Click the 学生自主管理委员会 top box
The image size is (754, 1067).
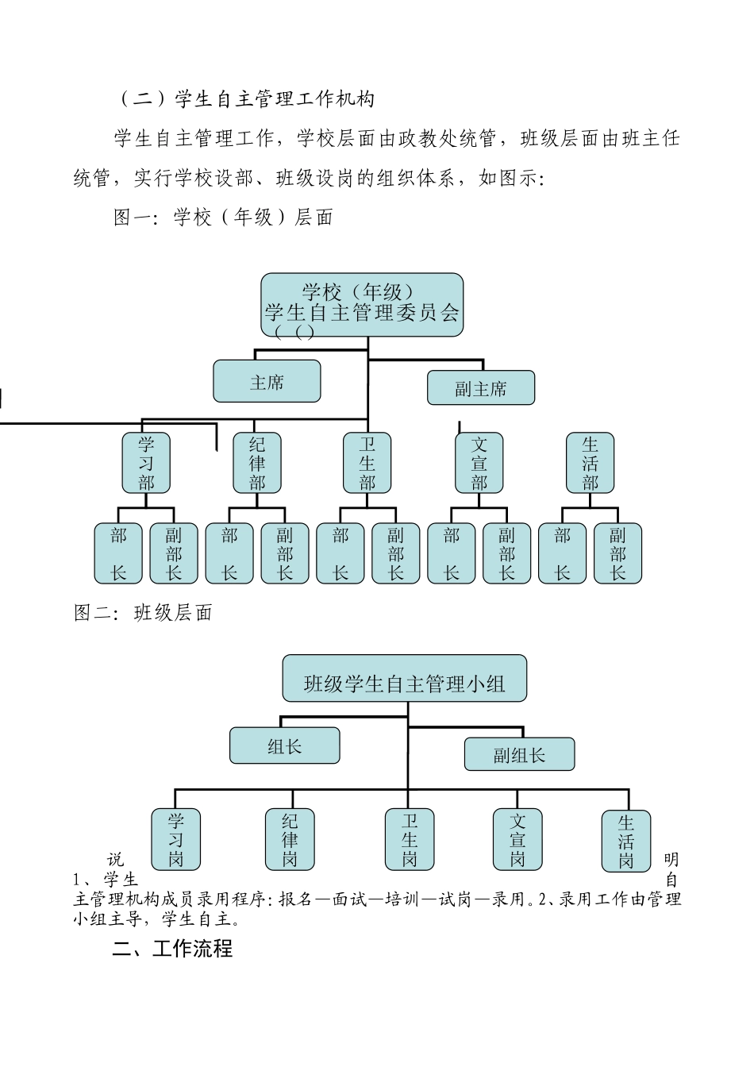362,305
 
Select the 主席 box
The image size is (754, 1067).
267,382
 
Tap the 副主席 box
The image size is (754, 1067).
480,388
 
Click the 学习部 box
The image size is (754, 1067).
146,463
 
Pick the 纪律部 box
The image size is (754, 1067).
257,463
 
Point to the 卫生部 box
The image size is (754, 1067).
367,463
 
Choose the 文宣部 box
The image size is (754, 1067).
479,463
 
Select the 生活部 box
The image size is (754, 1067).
590,463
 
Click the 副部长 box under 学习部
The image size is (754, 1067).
174,553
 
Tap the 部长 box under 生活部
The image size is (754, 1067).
563,553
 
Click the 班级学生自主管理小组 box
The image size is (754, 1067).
404,679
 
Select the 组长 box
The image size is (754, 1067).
284,746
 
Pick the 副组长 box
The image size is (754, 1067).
519,754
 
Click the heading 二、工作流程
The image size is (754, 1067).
172,949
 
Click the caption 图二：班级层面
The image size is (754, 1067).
143,613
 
